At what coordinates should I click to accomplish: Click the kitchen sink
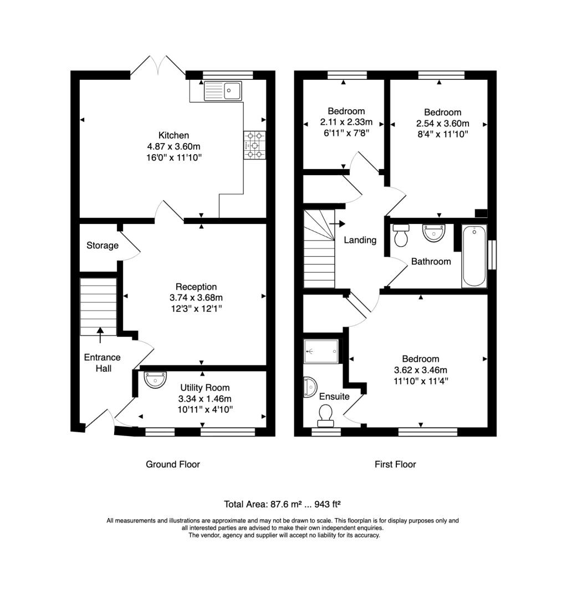[x=223, y=91]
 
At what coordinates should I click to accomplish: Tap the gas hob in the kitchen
[x=254, y=145]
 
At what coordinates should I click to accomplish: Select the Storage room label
[x=103, y=245]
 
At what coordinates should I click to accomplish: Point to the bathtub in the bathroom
[x=474, y=256]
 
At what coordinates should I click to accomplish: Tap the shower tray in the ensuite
[x=321, y=351]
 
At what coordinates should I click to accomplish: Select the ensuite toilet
[x=326, y=415]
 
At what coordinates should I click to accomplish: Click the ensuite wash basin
[x=310, y=387]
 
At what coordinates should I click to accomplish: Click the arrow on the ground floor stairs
[x=100, y=335]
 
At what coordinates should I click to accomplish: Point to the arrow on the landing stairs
[x=337, y=224]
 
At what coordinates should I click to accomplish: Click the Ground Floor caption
[x=173, y=464]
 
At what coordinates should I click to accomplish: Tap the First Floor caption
[x=395, y=464]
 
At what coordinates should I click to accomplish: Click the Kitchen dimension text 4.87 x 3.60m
[x=173, y=146]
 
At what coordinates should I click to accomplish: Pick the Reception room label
[x=196, y=287]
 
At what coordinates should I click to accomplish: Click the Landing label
[x=360, y=240]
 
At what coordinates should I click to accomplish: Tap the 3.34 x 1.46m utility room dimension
[x=205, y=399]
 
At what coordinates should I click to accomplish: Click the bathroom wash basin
[x=434, y=232]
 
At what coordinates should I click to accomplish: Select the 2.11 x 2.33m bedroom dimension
[x=346, y=122]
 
